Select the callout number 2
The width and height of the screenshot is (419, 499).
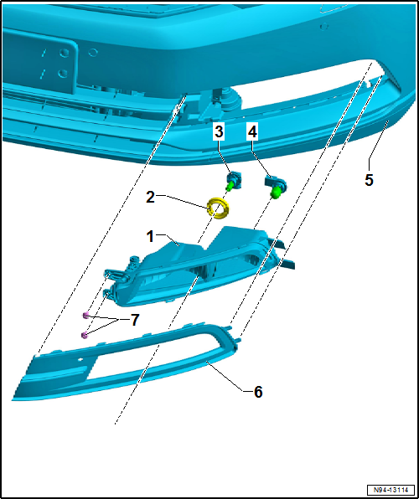coord(151,198)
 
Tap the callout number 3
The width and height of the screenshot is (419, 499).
coord(219,131)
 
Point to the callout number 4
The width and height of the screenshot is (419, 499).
coord(252,131)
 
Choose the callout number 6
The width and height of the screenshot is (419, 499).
coord(258,392)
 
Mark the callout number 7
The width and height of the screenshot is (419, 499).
coord(135,321)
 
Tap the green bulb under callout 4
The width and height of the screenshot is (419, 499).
coord(274,192)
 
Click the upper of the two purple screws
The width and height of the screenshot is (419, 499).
coord(85,315)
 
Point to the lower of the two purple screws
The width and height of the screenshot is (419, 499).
coord(84,335)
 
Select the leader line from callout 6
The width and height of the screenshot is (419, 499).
coord(230,376)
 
